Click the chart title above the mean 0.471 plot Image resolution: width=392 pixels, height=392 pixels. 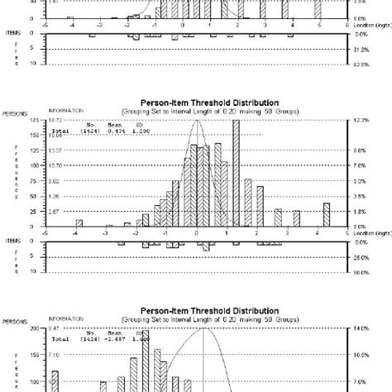(x=197, y=107)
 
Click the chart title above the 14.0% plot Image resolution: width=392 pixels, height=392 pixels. (x=197, y=313)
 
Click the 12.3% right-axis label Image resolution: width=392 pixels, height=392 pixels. (x=359, y=122)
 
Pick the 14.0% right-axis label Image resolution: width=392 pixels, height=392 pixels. (x=359, y=328)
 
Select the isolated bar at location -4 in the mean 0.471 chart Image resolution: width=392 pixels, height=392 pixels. (x=79, y=222)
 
